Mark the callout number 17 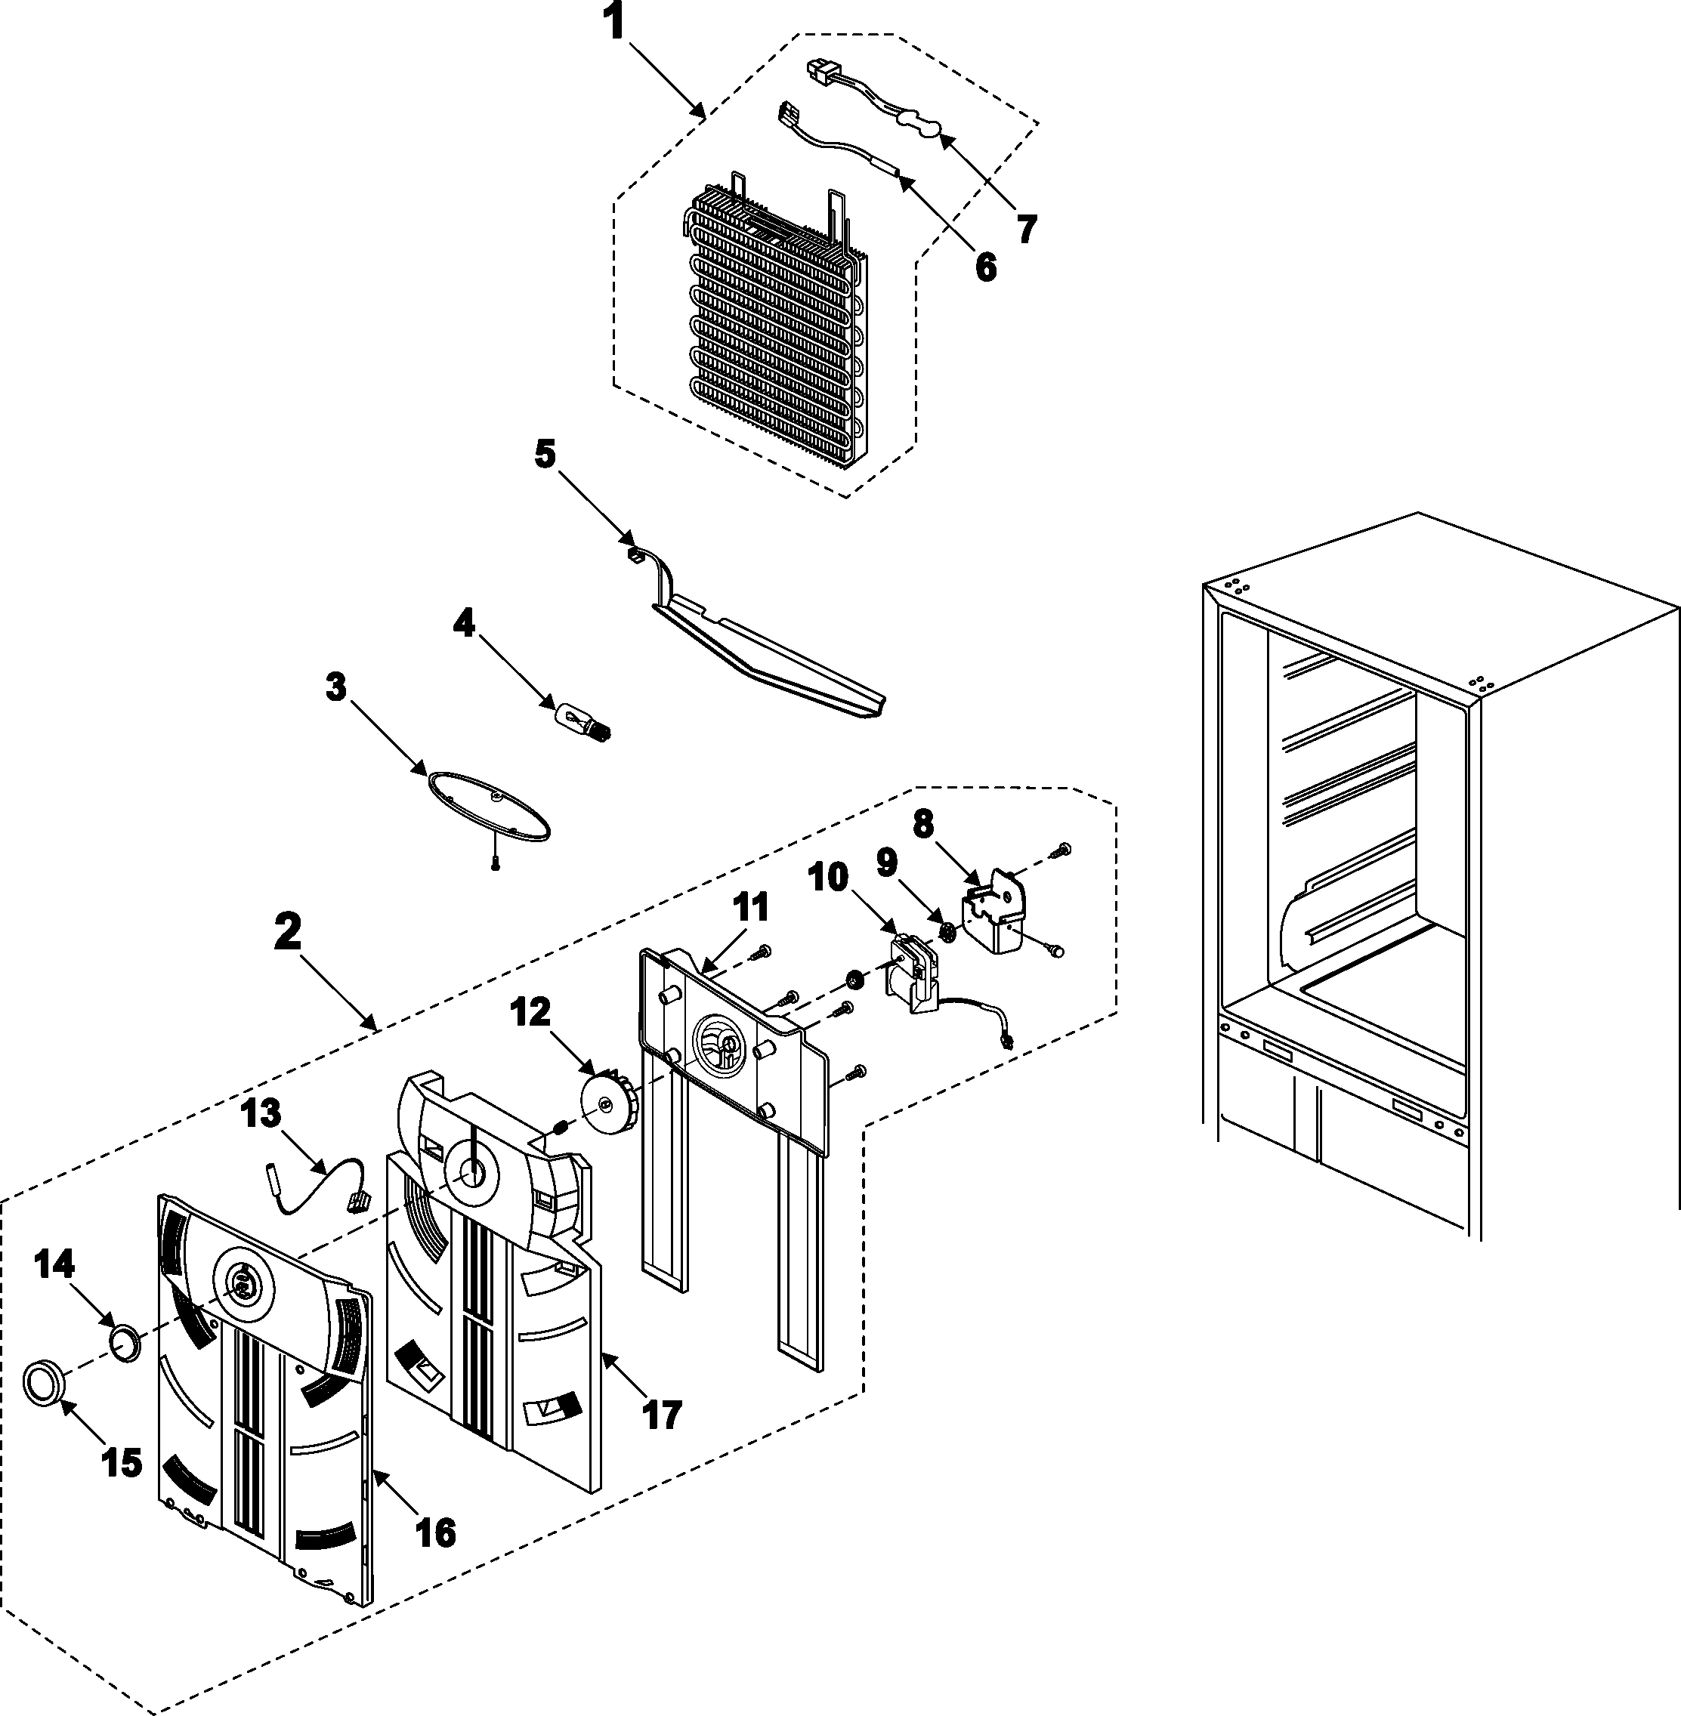coord(662,1414)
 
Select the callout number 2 coord(287,931)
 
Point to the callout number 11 coord(751,906)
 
